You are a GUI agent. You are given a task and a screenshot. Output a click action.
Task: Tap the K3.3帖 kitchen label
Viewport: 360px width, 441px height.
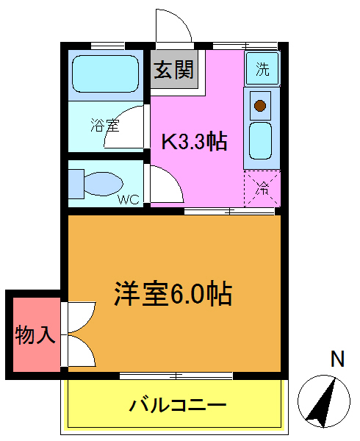pyautogui.click(x=193, y=140)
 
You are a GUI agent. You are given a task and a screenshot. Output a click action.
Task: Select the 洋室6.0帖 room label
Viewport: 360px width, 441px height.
pyautogui.click(x=173, y=294)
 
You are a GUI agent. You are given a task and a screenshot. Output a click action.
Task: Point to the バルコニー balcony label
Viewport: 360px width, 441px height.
pyautogui.click(x=178, y=404)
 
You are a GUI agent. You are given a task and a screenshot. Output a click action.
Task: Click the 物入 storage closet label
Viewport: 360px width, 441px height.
pyautogui.click(x=35, y=335)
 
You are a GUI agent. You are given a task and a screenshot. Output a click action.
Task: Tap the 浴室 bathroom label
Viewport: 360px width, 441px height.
pyautogui.click(x=104, y=125)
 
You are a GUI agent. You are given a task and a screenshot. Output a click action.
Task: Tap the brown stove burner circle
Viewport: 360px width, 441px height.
pyautogui.click(x=259, y=106)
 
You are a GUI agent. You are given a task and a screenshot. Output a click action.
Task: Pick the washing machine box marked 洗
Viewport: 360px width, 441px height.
pyautogui.click(x=262, y=69)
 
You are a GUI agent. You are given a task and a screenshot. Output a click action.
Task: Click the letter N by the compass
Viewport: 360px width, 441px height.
pyautogui.click(x=337, y=359)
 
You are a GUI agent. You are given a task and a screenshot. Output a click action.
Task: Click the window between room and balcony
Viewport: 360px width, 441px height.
pyautogui.click(x=176, y=376)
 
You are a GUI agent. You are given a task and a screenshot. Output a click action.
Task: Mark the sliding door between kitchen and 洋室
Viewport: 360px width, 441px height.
pyautogui.click(x=229, y=212)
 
